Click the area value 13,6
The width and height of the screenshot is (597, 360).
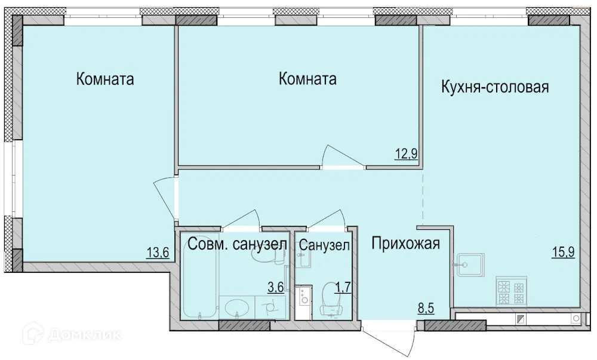158,253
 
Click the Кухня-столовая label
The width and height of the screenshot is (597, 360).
494,88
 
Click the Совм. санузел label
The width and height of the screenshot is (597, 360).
238,244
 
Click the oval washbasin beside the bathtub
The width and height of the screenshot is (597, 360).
237,309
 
